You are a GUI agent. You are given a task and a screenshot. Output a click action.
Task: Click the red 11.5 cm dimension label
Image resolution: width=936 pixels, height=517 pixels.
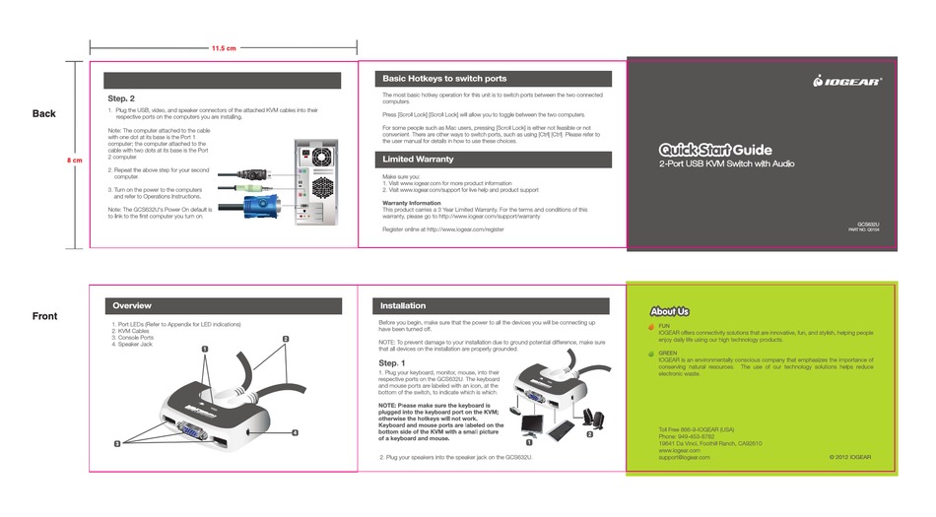coord(224,49)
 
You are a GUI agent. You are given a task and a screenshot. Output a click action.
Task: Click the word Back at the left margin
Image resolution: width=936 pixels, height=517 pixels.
coord(44,113)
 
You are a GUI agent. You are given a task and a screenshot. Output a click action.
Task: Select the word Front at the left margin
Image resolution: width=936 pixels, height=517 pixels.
coord(44,316)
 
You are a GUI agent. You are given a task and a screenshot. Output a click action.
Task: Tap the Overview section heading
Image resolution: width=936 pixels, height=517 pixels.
coord(132,306)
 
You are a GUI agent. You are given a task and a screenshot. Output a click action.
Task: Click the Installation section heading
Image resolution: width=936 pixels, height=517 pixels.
coord(403,306)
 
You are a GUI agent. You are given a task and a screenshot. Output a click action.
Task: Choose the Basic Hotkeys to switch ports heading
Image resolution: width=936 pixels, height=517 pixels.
coord(443,78)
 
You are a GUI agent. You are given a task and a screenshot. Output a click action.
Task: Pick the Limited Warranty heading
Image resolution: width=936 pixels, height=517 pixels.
coord(418,159)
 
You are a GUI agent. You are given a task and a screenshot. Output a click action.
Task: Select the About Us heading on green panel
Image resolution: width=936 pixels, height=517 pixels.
coord(670,311)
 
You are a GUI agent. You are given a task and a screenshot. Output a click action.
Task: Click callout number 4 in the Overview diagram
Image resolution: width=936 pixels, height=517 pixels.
coord(294,432)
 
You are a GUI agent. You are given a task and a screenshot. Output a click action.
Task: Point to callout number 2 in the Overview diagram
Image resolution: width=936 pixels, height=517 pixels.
coord(286,340)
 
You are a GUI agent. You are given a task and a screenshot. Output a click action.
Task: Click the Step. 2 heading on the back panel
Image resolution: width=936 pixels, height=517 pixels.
coord(121,98)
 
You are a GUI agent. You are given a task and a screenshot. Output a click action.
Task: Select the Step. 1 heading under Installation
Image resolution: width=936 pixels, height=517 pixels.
coord(393,363)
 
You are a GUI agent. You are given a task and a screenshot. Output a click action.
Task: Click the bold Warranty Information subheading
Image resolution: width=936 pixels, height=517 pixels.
coord(411,203)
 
